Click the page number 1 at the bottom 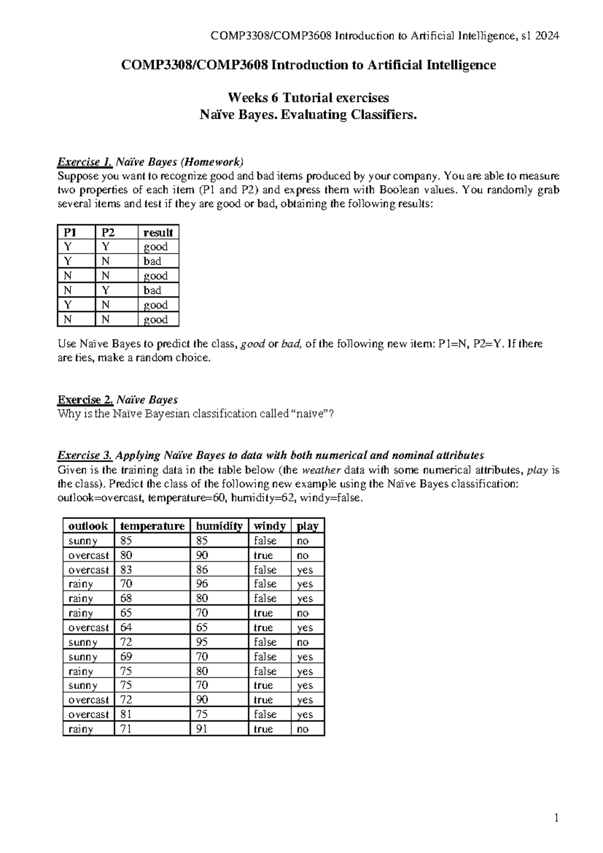pos(556,818)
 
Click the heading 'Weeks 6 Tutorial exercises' pos(308,97)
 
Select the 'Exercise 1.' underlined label pos(85,162)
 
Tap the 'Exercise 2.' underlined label pos(85,400)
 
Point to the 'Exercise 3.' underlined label pos(85,456)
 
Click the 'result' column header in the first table pos(158,232)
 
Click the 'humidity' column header pos(219,526)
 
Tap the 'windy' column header pos(269,526)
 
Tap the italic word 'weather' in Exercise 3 pos(321,470)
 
